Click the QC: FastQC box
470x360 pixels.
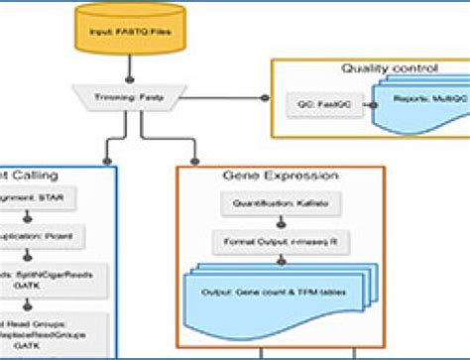[x=319, y=102]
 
